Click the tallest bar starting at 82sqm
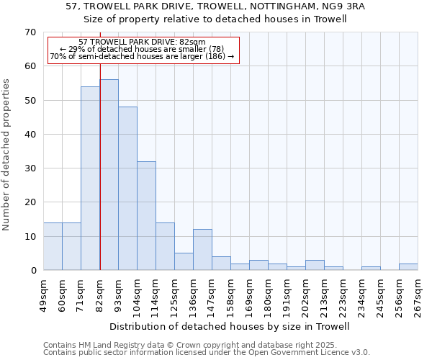tap(109, 175)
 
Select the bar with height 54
tap(91, 179)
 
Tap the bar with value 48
tap(128, 189)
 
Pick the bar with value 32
tap(147, 216)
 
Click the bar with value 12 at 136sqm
tap(202, 250)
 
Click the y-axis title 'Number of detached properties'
tap(7, 155)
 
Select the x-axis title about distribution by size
tap(230, 326)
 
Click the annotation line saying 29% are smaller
tap(142, 49)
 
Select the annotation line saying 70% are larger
tap(142, 56)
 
